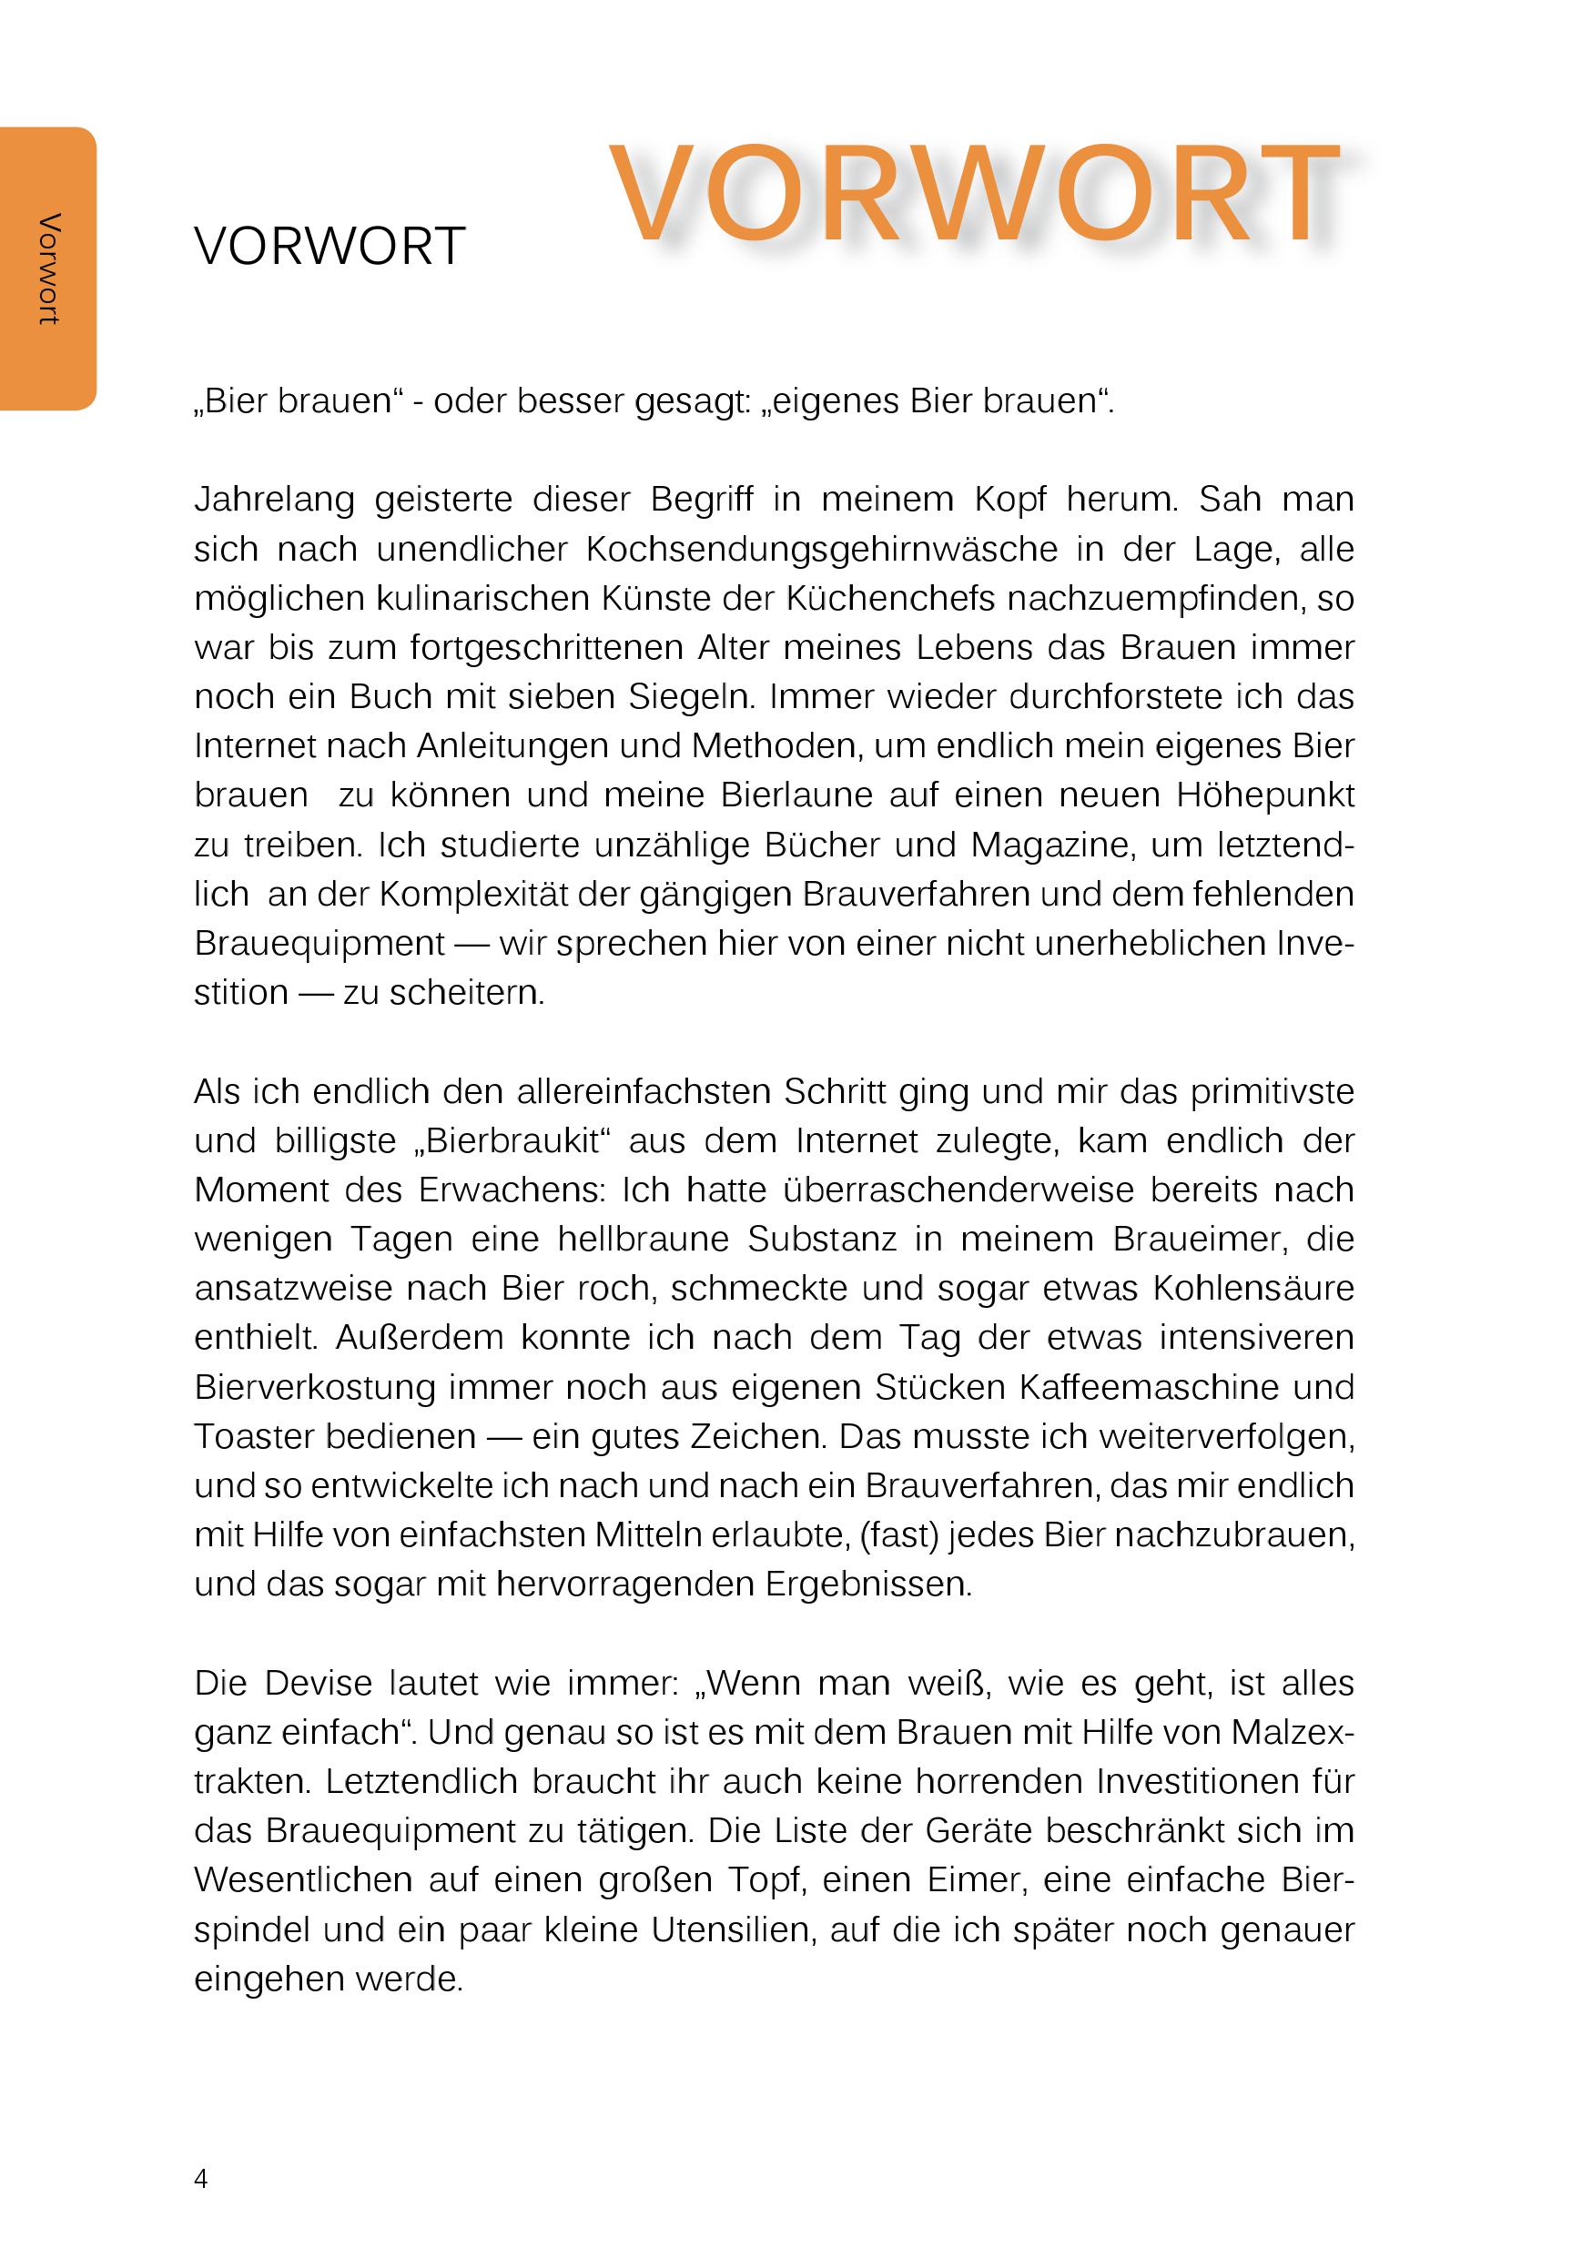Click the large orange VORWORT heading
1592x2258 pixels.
tap(973, 194)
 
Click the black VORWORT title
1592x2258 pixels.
tap(330, 247)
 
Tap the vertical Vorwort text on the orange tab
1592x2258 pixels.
tap(48, 268)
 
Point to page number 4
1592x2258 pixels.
tap(200, 2178)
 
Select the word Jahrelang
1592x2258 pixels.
tap(274, 500)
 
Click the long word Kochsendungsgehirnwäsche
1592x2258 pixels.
tap(821, 549)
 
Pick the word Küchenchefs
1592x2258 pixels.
tap(896, 598)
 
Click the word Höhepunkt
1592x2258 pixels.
tap(1264, 795)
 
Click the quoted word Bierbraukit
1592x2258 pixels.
tap(514, 1140)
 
